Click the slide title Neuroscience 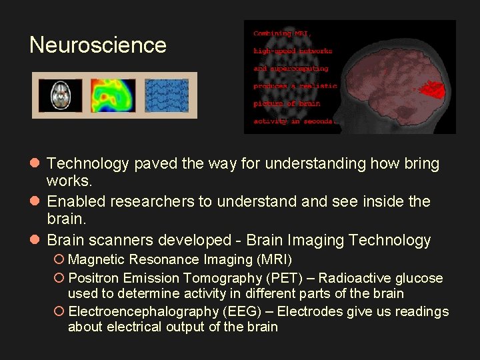(98, 45)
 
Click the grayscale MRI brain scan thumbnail (61, 95)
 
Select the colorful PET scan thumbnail (113, 95)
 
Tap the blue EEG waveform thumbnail (167, 95)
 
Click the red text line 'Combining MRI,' (281, 33)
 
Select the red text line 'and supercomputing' (291, 68)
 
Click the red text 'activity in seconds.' (296, 121)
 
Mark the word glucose (419, 278)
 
